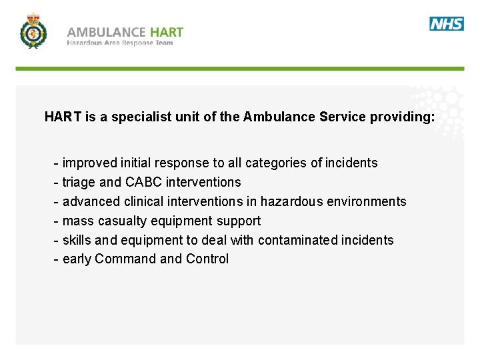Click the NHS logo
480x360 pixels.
pos(447,24)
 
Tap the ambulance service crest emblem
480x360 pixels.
pos(33,31)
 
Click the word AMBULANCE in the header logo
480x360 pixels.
pos(106,32)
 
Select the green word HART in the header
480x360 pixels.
pos(167,32)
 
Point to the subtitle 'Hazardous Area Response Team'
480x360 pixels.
pos(119,43)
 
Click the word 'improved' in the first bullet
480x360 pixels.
pos(89,163)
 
